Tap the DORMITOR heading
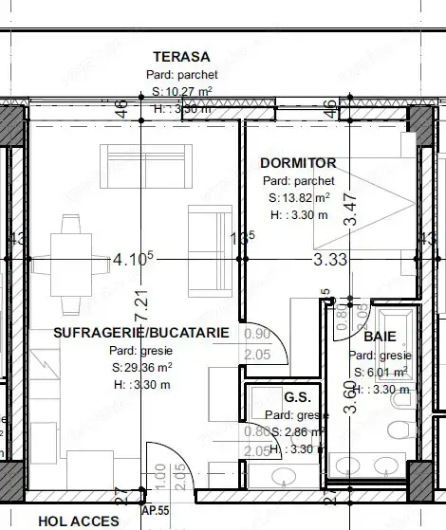(x=298, y=163)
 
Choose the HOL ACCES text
(x=79, y=521)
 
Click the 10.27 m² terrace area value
(x=183, y=92)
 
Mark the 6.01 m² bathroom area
(x=381, y=372)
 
